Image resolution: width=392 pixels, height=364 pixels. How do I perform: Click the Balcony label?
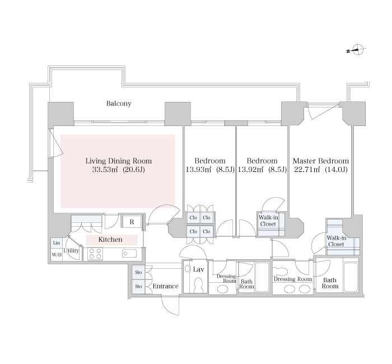tap(119, 104)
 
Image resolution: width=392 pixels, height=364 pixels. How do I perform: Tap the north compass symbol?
tap(357, 49)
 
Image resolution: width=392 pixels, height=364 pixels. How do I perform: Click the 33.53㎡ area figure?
tap(105, 170)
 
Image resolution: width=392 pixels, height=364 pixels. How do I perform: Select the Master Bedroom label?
tap(321, 161)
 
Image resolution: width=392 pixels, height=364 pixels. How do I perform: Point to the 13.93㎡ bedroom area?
tap(199, 170)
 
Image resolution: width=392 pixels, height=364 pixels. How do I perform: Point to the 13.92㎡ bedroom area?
tap(251, 170)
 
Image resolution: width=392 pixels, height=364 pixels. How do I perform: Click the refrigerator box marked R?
tap(132, 222)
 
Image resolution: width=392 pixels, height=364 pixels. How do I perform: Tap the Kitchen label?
tap(110, 240)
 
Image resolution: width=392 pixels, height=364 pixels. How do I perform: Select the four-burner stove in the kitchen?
tap(95, 254)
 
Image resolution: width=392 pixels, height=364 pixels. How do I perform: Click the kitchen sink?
tap(129, 254)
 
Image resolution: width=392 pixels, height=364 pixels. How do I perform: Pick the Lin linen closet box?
tap(57, 242)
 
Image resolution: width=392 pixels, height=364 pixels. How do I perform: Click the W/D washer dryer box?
tap(57, 255)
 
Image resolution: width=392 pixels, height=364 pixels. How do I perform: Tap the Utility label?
tap(71, 250)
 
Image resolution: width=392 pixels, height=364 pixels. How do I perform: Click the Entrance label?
tap(166, 286)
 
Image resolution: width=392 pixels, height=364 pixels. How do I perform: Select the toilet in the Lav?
tap(198, 284)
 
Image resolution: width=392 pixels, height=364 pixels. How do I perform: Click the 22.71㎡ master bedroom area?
tap(307, 170)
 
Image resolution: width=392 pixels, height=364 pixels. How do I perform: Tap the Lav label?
tap(198, 269)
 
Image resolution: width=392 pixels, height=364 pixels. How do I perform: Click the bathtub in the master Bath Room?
tap(351, 277)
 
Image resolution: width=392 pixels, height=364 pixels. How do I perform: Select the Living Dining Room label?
tap(119, 161)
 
